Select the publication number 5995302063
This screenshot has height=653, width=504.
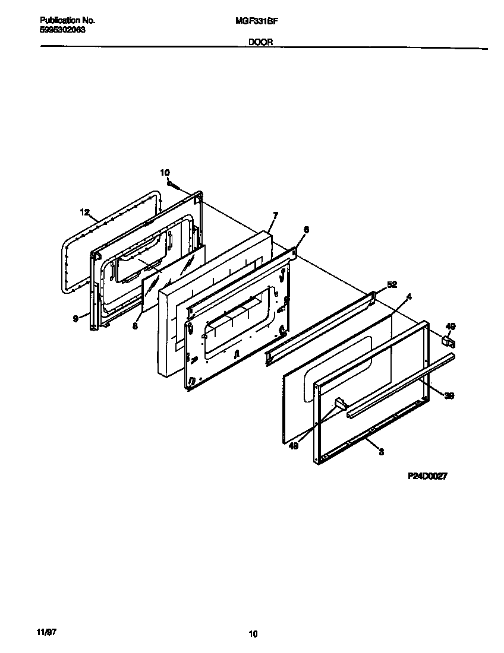click(x=62, y=30)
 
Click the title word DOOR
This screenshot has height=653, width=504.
click(x=261, y=43)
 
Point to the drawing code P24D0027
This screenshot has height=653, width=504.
click(x=427, y=476)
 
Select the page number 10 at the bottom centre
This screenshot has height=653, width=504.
click(x=253, y=634)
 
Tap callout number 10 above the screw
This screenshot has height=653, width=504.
click(x=165, y=172)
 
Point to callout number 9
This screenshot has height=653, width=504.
click(x=75, y=319)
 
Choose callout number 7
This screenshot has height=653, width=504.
click(x=275, y=214)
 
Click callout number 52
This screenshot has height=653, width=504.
click(x=391, y=284)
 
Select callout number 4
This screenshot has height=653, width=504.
click(x=408, y=295)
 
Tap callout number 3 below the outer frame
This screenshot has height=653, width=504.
click(x=380, y=452)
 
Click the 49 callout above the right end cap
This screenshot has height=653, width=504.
click(x=450, y=326)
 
